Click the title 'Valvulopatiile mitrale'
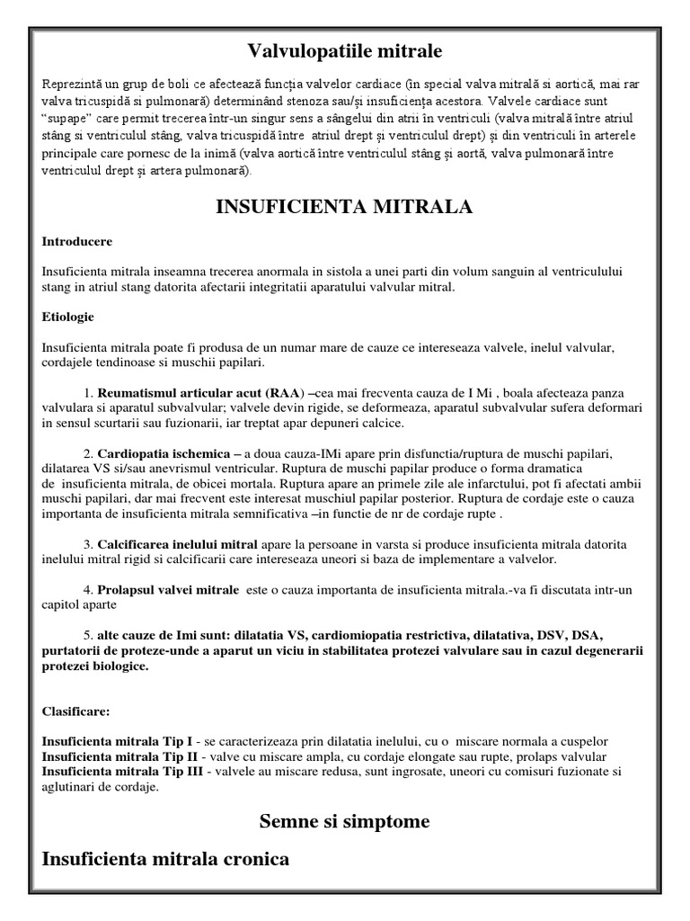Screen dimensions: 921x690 [x=344, y=49]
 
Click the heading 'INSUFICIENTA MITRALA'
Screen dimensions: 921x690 [x=344, y=208]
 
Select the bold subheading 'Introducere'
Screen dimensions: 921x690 [x=77, y=241]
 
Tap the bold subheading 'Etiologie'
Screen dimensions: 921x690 [x=68, y=317]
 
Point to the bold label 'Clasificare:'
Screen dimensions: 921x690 [x=76, y=711]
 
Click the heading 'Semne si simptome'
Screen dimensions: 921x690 [x=344, y=821]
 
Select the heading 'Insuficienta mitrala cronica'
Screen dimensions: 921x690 [x=165, y=860]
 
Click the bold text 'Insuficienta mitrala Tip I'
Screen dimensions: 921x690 [x=118, y=741]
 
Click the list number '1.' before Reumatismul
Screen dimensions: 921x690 [x=89, y=394]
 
